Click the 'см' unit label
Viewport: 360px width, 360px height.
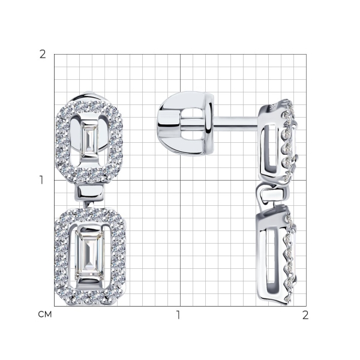pos(45,314)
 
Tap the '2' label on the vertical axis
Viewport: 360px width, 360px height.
pos(43,55)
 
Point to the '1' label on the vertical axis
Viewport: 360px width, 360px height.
pos(41,180)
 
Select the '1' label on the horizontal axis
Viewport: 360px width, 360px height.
pos(178,315)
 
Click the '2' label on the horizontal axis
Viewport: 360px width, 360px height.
pos(305,315)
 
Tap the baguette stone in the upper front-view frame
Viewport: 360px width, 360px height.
pos(90,139)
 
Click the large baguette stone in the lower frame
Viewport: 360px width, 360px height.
pos(90,254)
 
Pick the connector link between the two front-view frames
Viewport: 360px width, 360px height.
pos(90,193)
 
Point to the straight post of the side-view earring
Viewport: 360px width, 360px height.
pos(236,122)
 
